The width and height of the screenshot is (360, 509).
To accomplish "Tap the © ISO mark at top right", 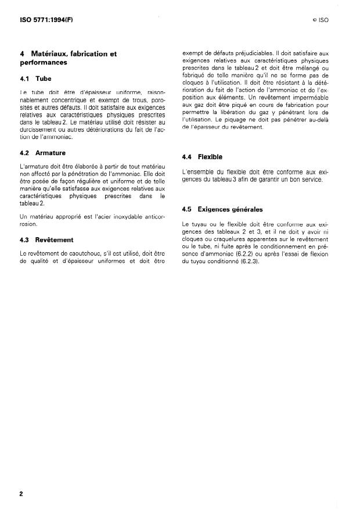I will (x=320, y=20).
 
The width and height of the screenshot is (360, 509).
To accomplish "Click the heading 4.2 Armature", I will (x=43, y=153).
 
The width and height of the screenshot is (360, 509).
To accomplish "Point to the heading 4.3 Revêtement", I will (x=46, y=239).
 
